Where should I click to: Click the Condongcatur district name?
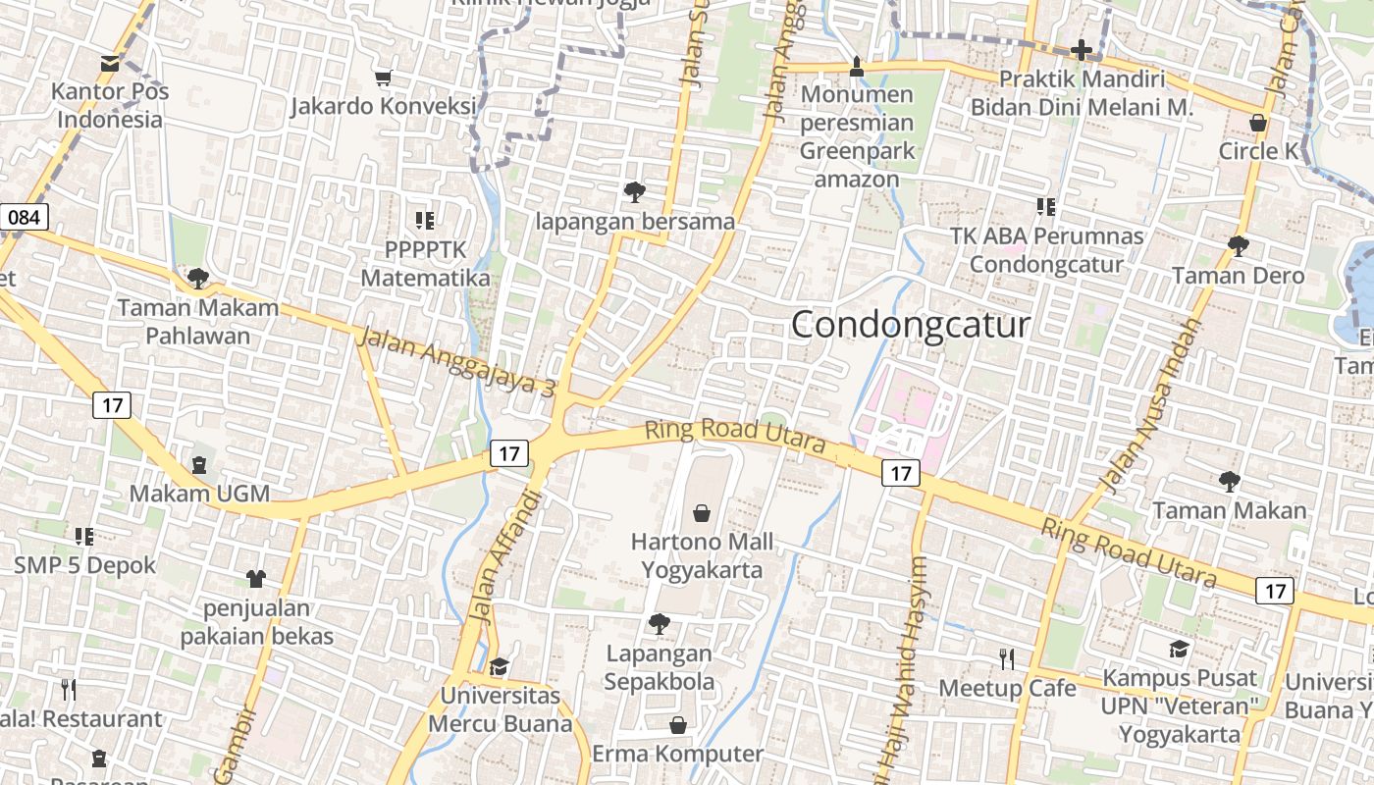[x=910, y=325]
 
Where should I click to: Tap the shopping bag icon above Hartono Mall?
[x=702, y=512]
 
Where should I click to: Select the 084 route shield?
[x=24, y=217]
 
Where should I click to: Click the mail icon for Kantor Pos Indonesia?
[x=110, y=64]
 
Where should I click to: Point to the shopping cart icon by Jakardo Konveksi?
[x=384, y=77]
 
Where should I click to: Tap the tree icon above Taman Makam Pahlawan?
[x=198, y=279]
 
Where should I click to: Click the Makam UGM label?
[x=199, y=493]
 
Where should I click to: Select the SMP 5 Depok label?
[x=84, y=565]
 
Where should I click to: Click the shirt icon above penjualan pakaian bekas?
[x=256, y=578]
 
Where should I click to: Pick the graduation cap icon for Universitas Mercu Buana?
[x=499, y=667]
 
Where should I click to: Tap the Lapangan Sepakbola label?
[x=660, y=667]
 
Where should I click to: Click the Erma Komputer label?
[x=677, y=754]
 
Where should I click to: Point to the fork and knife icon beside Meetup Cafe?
[x=1006, y=658]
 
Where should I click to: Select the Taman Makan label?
[x=1229, y=510]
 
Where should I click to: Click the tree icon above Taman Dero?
[x=1239, y=245]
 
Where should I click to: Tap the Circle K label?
[x=1258, y=151]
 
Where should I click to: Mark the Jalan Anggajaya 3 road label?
[x=457, y=361]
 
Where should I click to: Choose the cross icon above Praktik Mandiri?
[x=1082, y=49]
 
